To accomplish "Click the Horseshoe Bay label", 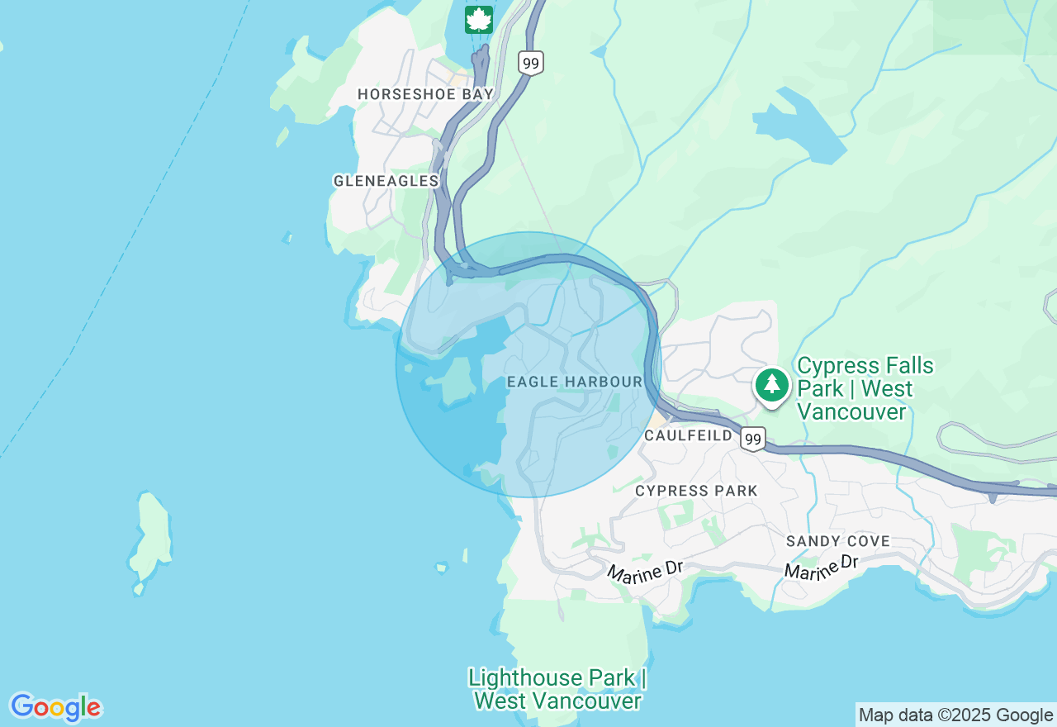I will tap(425, 94).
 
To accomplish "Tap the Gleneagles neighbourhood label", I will tap(386, 180).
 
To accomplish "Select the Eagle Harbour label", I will tap(575, 382).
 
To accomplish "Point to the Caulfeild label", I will tap(689, 435).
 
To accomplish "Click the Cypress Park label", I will tap(696, 491).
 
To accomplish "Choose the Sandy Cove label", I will tap(838, 541).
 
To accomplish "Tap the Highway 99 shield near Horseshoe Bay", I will tap(531, 63).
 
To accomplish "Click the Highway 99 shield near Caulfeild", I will tap(752, 439).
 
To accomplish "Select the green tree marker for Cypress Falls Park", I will tap(772, 384).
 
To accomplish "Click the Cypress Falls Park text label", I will tap(865, 388).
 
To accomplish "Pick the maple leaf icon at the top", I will tap(479, 19).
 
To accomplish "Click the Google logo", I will tap(55, 707).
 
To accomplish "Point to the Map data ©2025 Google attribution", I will tap(955, 715).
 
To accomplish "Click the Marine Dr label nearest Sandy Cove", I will tap(822, 567).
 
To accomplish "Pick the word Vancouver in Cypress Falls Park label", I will tap(851, 411).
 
